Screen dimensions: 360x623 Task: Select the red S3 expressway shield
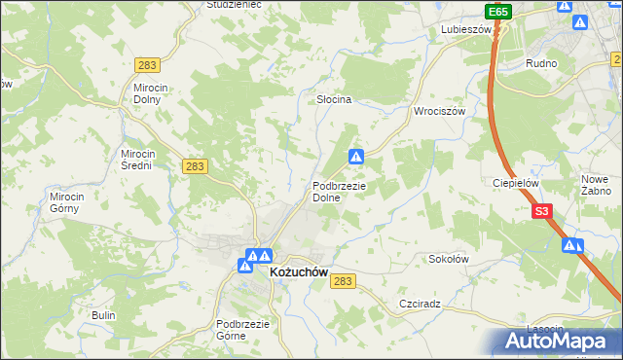click(542, 210)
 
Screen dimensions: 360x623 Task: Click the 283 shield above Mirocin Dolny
click(148, 64)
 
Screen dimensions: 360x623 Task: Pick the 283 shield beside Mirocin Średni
click(196, 166)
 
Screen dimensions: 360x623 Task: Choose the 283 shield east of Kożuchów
click(344, 280)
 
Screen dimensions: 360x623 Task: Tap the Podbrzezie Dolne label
click(339, 192)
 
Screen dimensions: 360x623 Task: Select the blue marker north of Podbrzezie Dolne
click(357, 156)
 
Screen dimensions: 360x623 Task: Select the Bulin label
click(103, 315)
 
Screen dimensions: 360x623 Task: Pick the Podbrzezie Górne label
click(243, 330)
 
